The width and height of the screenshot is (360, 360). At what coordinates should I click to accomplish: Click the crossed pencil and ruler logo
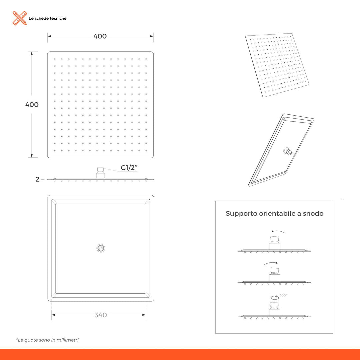(x=20, y=18)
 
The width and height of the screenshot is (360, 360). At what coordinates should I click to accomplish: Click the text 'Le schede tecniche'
(x=47, y=18)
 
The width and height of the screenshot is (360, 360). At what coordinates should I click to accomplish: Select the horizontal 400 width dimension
(x=100, y=36)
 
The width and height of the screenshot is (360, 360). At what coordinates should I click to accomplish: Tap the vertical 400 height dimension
(x=32, y=104)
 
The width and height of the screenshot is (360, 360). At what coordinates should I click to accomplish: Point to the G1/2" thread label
(x=130, y=168)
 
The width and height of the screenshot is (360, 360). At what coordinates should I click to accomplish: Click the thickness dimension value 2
(x=38, y=179)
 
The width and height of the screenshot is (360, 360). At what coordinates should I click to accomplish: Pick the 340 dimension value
(x=101, y=315)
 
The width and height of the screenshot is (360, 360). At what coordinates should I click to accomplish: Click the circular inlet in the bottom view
(x=101, y=248)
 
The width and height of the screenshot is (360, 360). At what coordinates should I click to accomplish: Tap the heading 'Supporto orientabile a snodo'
(x=274, y=213)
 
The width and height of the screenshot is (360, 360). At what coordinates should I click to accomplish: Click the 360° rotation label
(x=283, y=295)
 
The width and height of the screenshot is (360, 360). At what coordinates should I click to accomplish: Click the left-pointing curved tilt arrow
(x=278, y=232)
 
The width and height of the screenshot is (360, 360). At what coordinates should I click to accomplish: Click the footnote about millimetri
(x=47, y=340)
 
